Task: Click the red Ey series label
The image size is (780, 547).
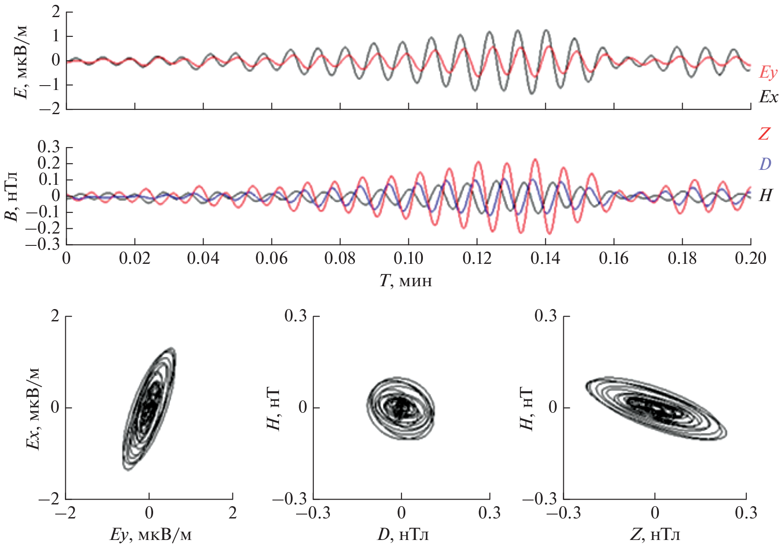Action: (x=768, y=73)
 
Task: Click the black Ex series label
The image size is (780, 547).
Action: (x=768, y=97)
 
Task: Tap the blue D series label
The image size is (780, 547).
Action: (x=765, y=164)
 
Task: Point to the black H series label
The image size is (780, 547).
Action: (x=765, y=195)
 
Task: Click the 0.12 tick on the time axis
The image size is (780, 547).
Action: (x=477, y=259)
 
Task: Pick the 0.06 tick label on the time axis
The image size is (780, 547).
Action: (x=272, y=259)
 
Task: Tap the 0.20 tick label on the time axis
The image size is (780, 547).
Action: (x=750, y=259)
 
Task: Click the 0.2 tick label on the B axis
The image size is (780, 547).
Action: (x=49, y=164)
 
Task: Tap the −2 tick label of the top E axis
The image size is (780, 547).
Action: (x=49, y=109)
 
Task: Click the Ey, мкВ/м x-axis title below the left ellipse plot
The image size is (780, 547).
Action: (x=150, y=535)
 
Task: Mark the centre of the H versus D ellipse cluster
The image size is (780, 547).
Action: (x=401, y=408)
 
